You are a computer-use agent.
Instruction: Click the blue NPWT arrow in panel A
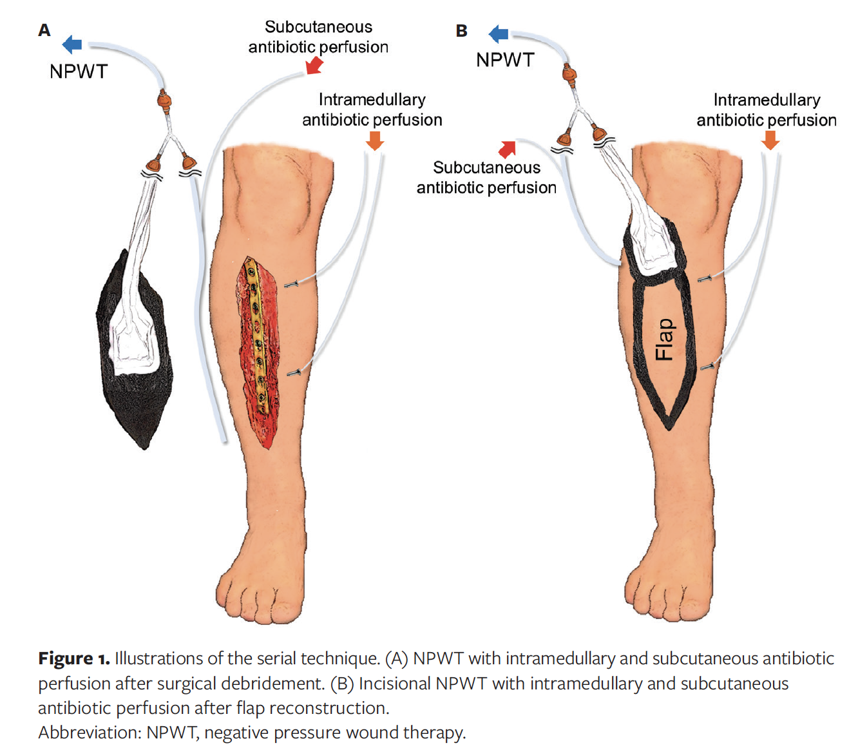pyautogui.click(x=72, y=44)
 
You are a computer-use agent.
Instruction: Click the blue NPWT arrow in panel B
pyautogui.click(x=499, y=34)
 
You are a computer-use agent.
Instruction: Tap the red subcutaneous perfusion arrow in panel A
pyautogui.click(x=314, y=65)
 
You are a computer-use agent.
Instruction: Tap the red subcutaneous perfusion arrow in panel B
pyautogui.click(x=508, y=149)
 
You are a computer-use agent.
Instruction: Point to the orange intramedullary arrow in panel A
pyautogui.click(x=375, y=140)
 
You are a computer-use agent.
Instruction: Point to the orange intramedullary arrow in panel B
pyautogui.click(x=770, y=140)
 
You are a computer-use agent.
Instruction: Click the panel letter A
pyautogui.click(x=44, y=30)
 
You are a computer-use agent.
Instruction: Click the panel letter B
pyautogui.click(x=461, y=31)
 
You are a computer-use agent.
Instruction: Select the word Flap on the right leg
pyautogui.click(x=664, y=340)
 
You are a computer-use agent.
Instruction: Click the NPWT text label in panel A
pyautogui.click(x=79, y=72)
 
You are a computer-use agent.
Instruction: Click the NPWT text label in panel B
pyautogui.click(x=505, y=60)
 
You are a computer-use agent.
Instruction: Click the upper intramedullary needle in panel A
pyautogui.click(x=291, y=283)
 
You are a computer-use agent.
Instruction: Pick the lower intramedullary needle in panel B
pyautogui.click(x=707, y=367)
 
